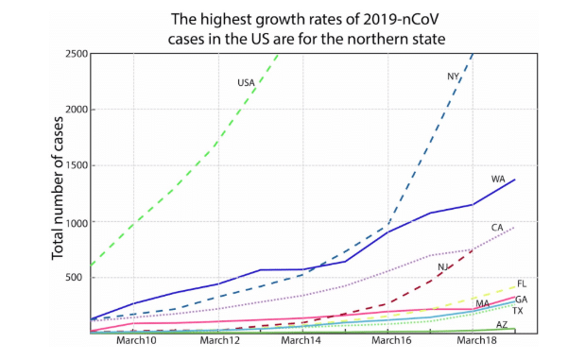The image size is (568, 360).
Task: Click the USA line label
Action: tap(247, 83)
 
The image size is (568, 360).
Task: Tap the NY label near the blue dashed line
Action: tap(453, 77)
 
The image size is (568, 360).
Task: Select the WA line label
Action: tap(497, 179)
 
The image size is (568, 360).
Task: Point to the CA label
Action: tap(497, 228)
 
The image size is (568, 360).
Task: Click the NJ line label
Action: tap(442, 267)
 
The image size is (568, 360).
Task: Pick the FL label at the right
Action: tap(522, 283)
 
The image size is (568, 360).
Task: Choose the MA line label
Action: tap(482, 304)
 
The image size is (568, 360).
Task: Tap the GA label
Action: tap(521, 300)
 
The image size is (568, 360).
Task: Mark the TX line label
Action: tap(518, 311)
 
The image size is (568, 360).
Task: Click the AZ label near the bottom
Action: tap(502, 324)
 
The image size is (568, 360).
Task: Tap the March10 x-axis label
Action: tap(136, 341)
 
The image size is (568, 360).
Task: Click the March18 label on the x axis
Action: tap(473, 341)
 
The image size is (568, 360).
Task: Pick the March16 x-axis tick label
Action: tap(389, 341)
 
